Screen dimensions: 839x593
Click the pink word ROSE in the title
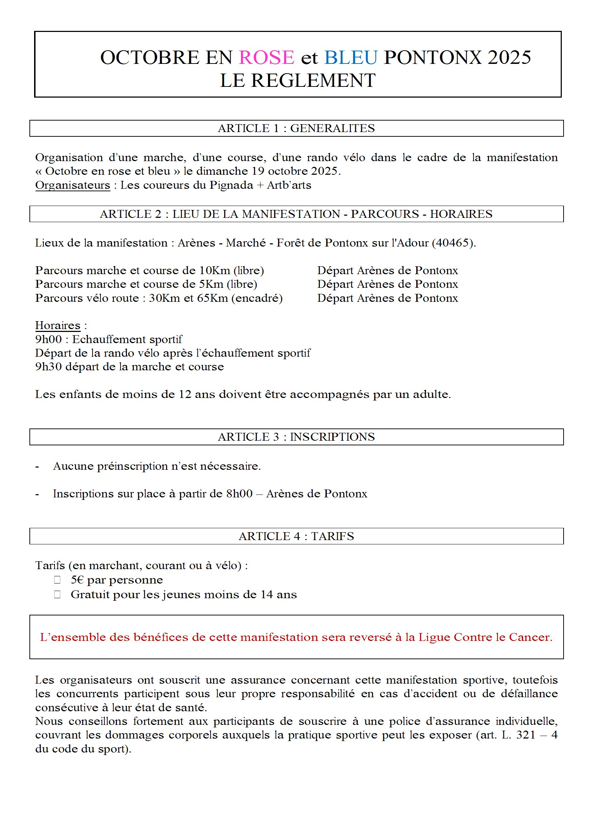pyautogui.click(x=266, y=57)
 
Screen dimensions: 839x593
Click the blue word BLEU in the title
pyautogui.click(x=350, y=57)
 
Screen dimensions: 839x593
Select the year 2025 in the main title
pyautogui.click(x=509, y=57)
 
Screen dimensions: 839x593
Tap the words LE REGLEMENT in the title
pyautogui.click(x=297, y=80)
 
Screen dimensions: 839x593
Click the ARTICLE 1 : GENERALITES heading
pyautogui.click(x=296, y=128)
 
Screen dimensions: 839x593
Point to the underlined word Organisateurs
pyautogui.click(x=72, y=185)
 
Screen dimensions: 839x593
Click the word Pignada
pyautogui.click(x=231, y=185)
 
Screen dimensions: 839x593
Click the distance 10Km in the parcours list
pyautogui.click(x=215, y=271)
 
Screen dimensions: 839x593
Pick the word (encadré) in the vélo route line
pyautogui.click(x=258, y=298)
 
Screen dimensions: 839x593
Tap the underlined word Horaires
pyautogui.click(x=58, y=325)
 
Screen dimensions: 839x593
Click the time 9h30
pyautogui.click(x=48, y=367)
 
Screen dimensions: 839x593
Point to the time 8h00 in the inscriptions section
pyautogui.click(x=239, y=494)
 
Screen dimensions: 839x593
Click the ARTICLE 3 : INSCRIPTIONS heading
pyautogui.click(x=296, y=437)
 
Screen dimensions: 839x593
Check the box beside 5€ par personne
pyautogui.click(x=57, y=580)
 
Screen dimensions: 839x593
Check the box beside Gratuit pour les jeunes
pyautogui.click(x=57, y=595)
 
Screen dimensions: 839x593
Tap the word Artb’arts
pyautogui.click(x=289, y=185)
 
